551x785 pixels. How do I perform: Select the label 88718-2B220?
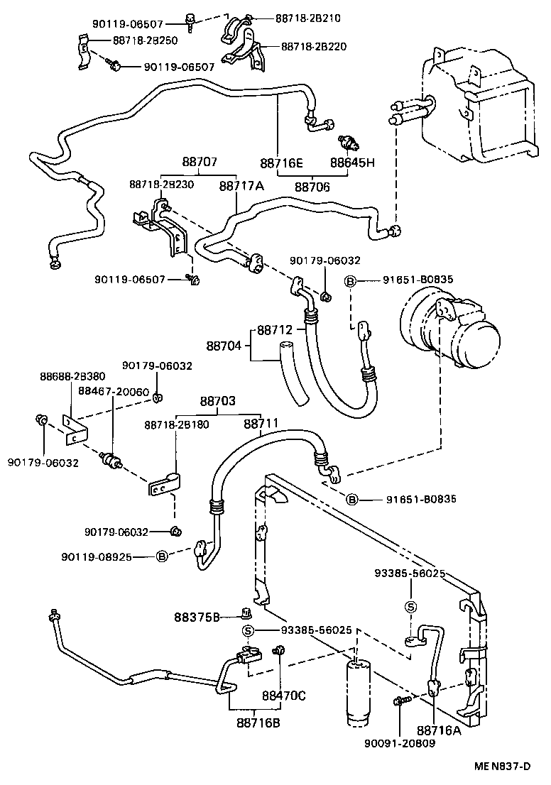pos(314,48)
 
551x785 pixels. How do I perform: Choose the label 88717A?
pos(241,187)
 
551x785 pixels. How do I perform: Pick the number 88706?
pos(313,187)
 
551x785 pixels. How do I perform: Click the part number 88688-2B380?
pos(72,377)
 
